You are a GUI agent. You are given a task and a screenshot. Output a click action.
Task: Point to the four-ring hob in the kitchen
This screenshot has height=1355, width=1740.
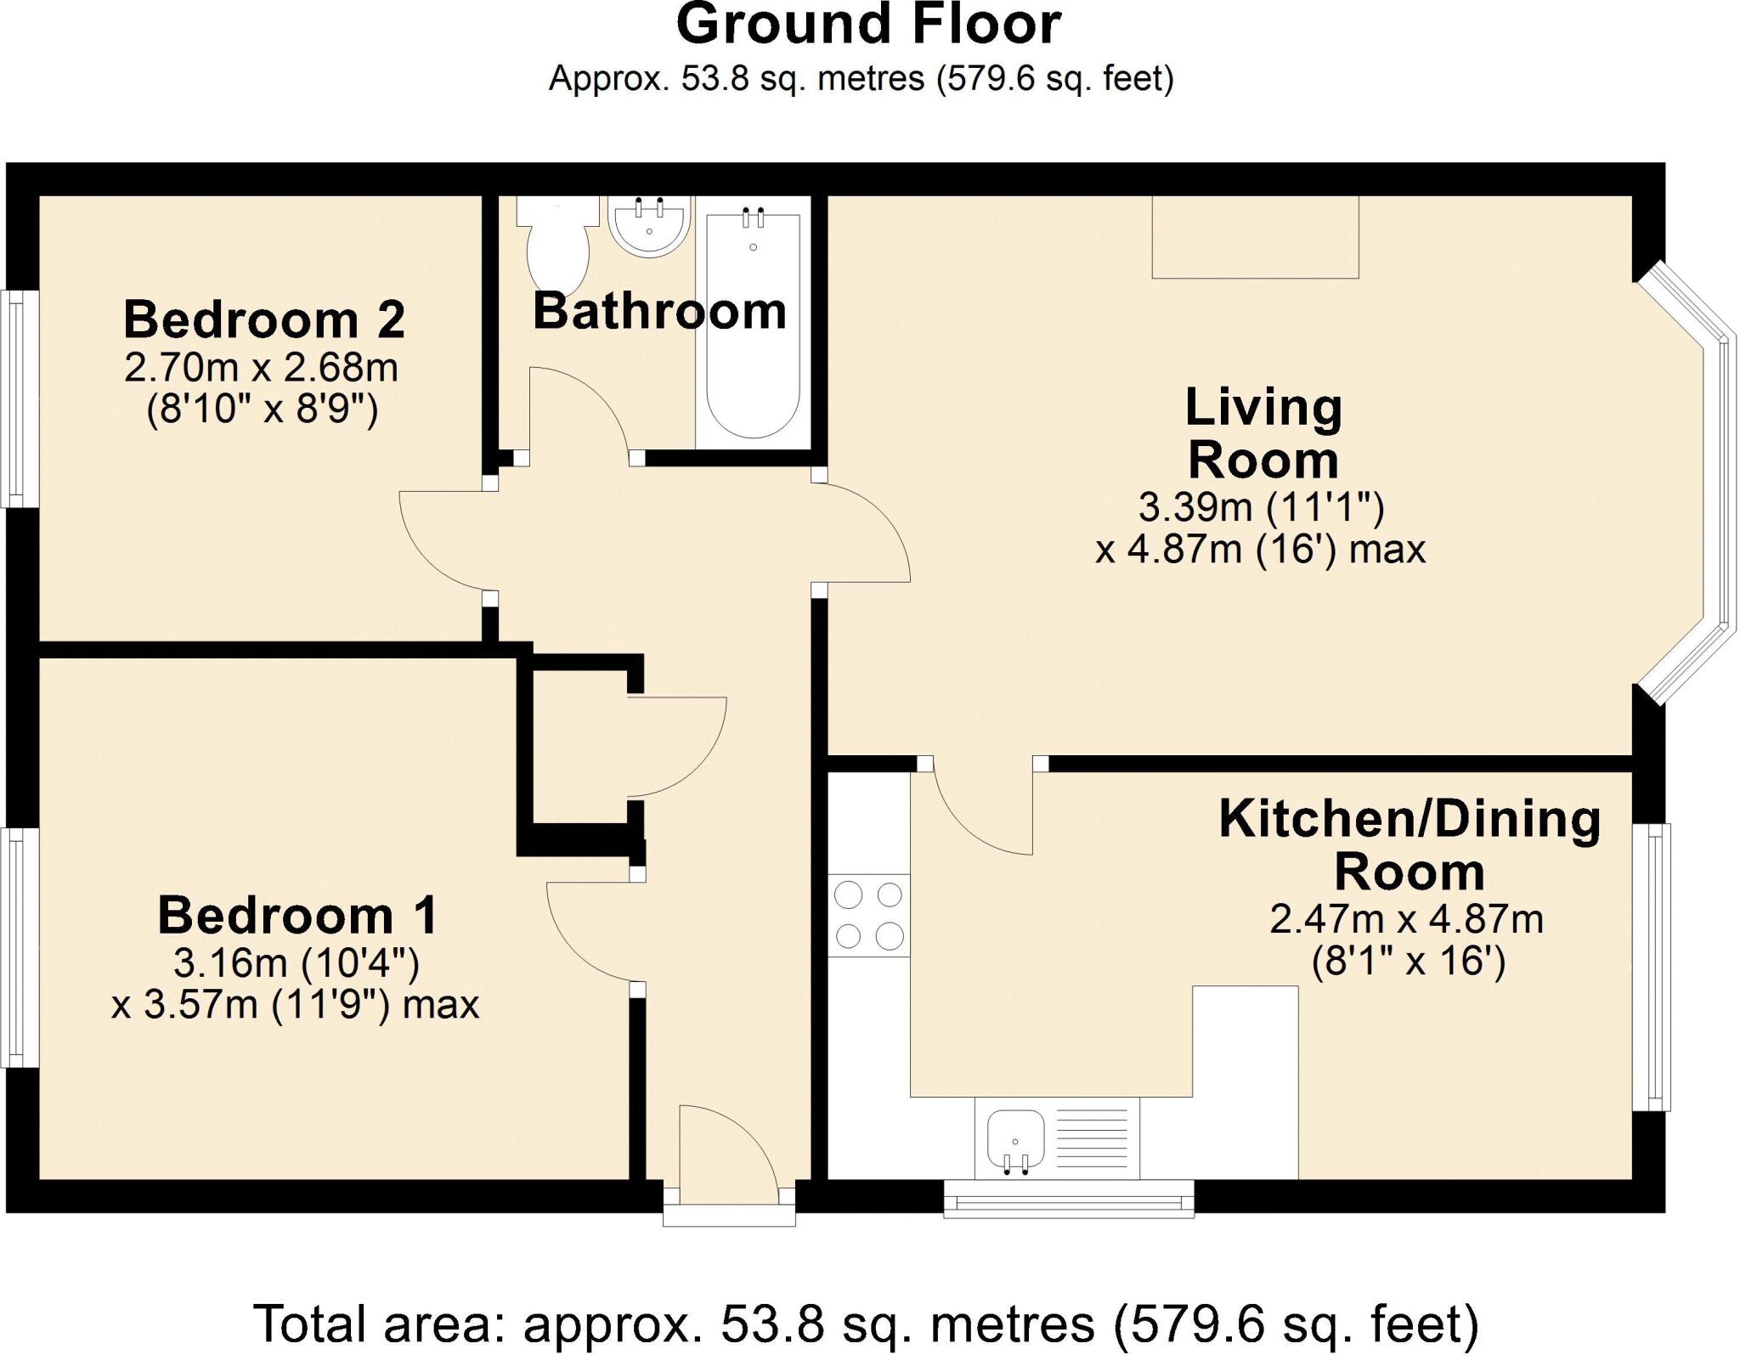coord(869,915)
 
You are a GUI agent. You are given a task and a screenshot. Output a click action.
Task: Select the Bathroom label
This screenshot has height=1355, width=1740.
coord(660,311)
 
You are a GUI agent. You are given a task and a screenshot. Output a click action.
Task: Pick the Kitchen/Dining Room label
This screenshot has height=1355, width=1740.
coord(1410,844)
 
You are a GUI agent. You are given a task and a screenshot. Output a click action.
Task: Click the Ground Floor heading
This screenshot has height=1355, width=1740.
coord(868,25)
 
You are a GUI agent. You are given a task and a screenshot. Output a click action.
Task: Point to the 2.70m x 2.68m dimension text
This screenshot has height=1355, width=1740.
coord(262,368)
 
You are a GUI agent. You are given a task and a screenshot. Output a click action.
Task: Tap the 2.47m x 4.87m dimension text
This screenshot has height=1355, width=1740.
coord(1407,919)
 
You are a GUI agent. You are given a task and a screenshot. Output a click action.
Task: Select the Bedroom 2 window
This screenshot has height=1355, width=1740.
coord(17,399)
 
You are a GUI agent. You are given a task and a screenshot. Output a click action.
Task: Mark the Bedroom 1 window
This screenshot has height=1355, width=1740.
coord(17,946)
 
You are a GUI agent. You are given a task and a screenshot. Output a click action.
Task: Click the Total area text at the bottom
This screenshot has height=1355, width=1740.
coord(866,1322)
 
